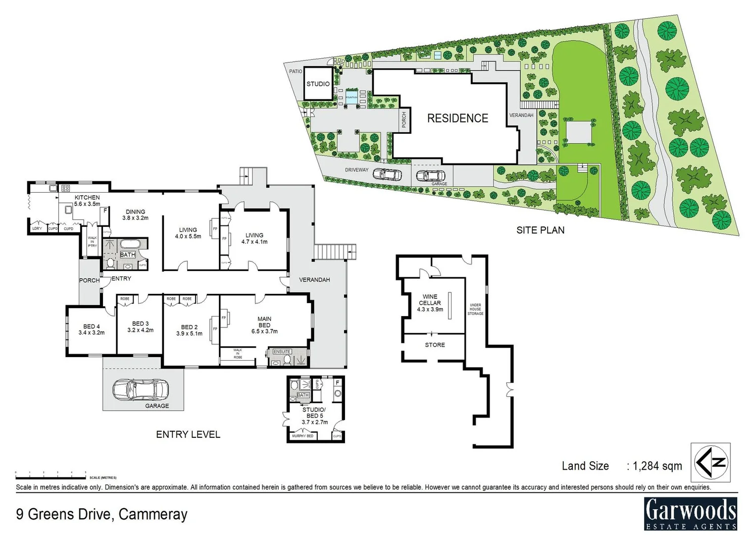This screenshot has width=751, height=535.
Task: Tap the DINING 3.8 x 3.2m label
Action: point(135,214)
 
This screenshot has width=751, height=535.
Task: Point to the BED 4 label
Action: point(92,329)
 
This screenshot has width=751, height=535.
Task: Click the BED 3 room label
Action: point(140,326)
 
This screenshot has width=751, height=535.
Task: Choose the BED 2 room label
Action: point(189,330)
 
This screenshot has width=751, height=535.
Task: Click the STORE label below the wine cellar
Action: point(435,345)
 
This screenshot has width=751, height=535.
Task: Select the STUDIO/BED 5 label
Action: point(314,416)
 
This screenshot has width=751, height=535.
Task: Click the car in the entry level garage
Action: point(141,389)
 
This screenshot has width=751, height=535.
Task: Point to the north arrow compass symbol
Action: point(710,462)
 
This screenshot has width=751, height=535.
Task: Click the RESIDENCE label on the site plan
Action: point(457,118)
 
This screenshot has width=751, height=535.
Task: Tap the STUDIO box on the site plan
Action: point(318,84)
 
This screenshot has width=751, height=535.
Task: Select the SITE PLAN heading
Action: point(540,230)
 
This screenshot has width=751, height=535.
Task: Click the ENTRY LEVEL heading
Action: point(188,434)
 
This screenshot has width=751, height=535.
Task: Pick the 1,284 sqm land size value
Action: point(657,466)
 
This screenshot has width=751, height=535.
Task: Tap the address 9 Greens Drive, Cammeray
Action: point(101,514)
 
